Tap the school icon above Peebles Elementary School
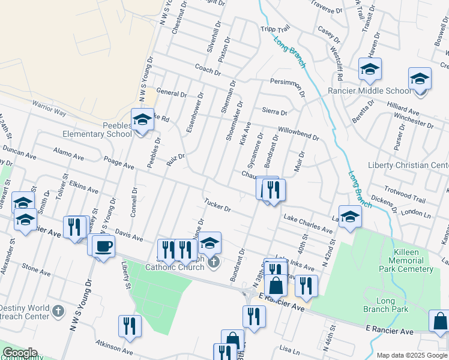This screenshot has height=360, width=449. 142,120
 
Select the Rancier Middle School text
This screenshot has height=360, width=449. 370,91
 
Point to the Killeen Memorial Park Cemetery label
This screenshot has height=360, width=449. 406,260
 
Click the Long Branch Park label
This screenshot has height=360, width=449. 385,305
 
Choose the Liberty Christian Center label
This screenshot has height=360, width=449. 408,165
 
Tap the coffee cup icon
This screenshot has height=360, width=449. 104,246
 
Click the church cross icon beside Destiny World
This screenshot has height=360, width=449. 58,310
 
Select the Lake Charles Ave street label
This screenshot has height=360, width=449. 308,224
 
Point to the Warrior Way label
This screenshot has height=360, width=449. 49,108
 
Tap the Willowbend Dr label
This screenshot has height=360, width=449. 298,133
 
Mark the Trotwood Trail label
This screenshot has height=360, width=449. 405,196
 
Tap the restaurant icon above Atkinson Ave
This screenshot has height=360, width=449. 130,326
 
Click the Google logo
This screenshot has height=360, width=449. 20,353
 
